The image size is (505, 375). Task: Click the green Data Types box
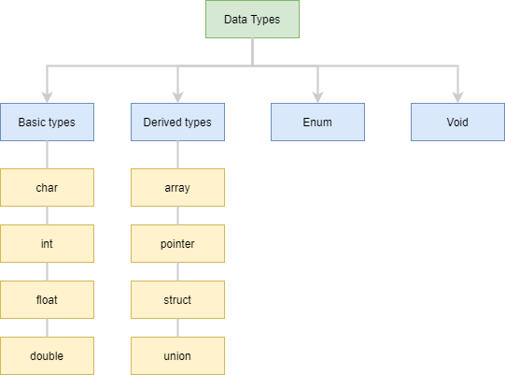(x=252, y=19)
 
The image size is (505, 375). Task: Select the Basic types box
(x=47, y=122)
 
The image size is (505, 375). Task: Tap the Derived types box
(x=177, y=122)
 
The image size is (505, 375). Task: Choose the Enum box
(x=318, y=122)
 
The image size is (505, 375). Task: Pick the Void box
(x=457, y=122)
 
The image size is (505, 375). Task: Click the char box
(x=47, y=187)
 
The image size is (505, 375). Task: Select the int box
(x=47, y=244)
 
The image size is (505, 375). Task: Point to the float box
(x=47, y=300)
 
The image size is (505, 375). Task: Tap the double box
(x=47, y=356)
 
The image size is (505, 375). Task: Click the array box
(x=177, y=187)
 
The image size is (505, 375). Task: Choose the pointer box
(x=177, y=244)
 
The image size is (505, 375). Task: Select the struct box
(x=177, y=300)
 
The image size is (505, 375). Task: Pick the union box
(x=177, y=356)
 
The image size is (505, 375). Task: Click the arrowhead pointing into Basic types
(x=47, y=98)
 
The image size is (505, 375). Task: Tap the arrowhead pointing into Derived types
(x=177, y=98)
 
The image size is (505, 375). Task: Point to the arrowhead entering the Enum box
(x=318, y=98)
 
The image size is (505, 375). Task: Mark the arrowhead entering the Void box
(x=457, y=98)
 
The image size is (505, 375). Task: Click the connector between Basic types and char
(x=47, y=155)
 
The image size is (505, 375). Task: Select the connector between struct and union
(x=177, y=328)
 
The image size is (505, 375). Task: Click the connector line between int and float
(x=47, y=272)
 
